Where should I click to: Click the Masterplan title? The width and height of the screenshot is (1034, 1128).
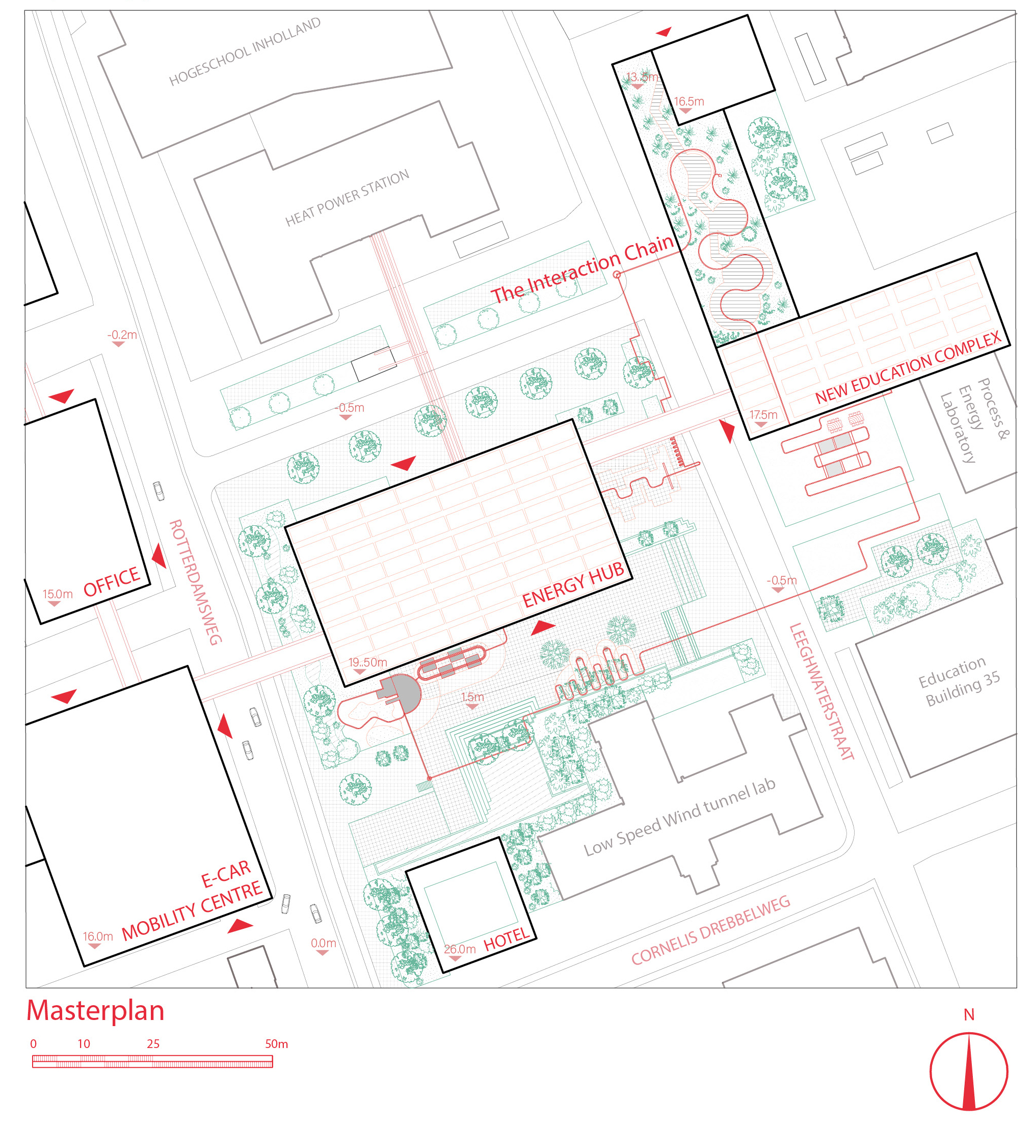tap(95, 1011)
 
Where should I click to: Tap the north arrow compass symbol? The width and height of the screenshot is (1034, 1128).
tap(969, 1071)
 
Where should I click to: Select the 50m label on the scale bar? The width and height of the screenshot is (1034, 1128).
tap(276, 1044)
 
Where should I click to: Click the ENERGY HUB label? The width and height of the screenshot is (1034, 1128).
tap(573, 584)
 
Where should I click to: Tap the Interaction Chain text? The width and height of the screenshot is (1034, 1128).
tap(582, 269)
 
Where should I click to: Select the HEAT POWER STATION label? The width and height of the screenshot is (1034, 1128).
tap(347, 198)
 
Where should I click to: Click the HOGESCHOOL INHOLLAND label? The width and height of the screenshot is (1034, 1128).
tap(245, 51)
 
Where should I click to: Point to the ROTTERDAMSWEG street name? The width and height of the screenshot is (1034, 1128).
tap(196, 582)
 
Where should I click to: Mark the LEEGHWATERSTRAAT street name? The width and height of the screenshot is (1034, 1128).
tap(821, 691)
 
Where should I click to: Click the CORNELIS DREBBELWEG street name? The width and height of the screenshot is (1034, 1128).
tap(710, 929)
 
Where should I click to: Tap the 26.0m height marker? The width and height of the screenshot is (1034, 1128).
tap(459, 949)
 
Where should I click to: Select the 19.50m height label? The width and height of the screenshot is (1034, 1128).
tap(367, 662)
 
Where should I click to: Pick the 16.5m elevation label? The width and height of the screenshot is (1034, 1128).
tap(689, 101)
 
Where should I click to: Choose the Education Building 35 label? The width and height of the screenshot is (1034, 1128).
tap(959, 682)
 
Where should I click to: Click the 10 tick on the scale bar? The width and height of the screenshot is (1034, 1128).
tap(84, 1044)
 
